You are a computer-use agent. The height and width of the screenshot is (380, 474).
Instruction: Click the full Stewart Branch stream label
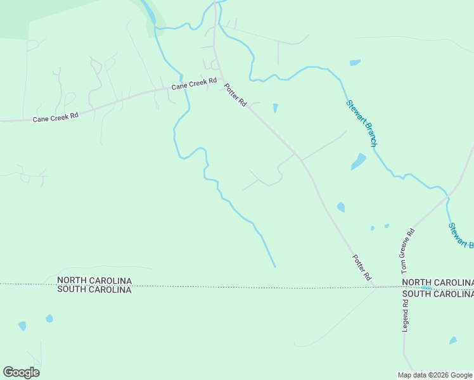pos(362,123)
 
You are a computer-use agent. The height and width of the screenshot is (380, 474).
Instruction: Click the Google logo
pos(21,372)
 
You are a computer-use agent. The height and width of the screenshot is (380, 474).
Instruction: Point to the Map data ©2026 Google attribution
pos(435,375)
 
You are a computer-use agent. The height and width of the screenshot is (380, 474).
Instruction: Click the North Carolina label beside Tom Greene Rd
pos(437,282)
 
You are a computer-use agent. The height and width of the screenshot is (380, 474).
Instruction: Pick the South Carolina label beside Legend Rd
pos(437,294)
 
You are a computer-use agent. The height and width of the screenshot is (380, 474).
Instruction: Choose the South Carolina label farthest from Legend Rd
pos(94,289)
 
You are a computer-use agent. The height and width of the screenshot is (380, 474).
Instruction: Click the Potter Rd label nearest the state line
pos(361,267)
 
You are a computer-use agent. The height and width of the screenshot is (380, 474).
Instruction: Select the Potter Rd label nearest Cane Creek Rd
pos(235,95)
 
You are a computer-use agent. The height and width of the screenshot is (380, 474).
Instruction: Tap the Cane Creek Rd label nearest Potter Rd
pos(194,83)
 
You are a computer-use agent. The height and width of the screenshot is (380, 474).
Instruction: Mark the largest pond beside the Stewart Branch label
pos(359,161)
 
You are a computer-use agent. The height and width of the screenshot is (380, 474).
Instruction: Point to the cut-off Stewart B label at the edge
pos(461,235)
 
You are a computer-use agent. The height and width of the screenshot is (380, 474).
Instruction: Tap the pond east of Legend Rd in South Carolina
pos(453,341)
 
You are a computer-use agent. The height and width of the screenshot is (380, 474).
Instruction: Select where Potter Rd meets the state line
pos(375,287)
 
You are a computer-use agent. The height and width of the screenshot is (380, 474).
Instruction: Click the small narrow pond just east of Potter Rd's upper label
pos(275,108)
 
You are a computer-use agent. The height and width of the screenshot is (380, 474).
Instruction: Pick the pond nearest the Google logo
pos(22,326)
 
